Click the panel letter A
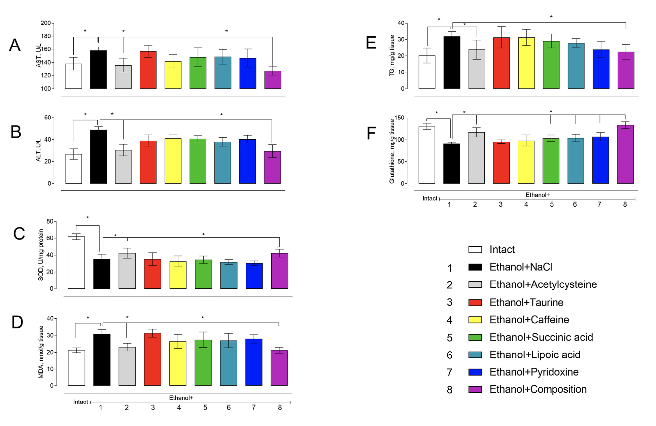(15, 45)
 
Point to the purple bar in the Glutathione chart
(625, 154)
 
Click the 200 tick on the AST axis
(46, 23)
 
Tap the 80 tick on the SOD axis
(50, 221)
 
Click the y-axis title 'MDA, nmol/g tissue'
(41, 352)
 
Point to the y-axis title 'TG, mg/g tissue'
(392, 56)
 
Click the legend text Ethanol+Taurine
(526, 303)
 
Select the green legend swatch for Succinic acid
(475, 338)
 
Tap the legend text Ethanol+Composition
(538, 389)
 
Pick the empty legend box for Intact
(475, 250)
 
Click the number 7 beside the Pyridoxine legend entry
(449, 372)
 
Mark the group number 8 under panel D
(280, 408)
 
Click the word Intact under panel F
(430, 199)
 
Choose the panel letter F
(371, 133)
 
